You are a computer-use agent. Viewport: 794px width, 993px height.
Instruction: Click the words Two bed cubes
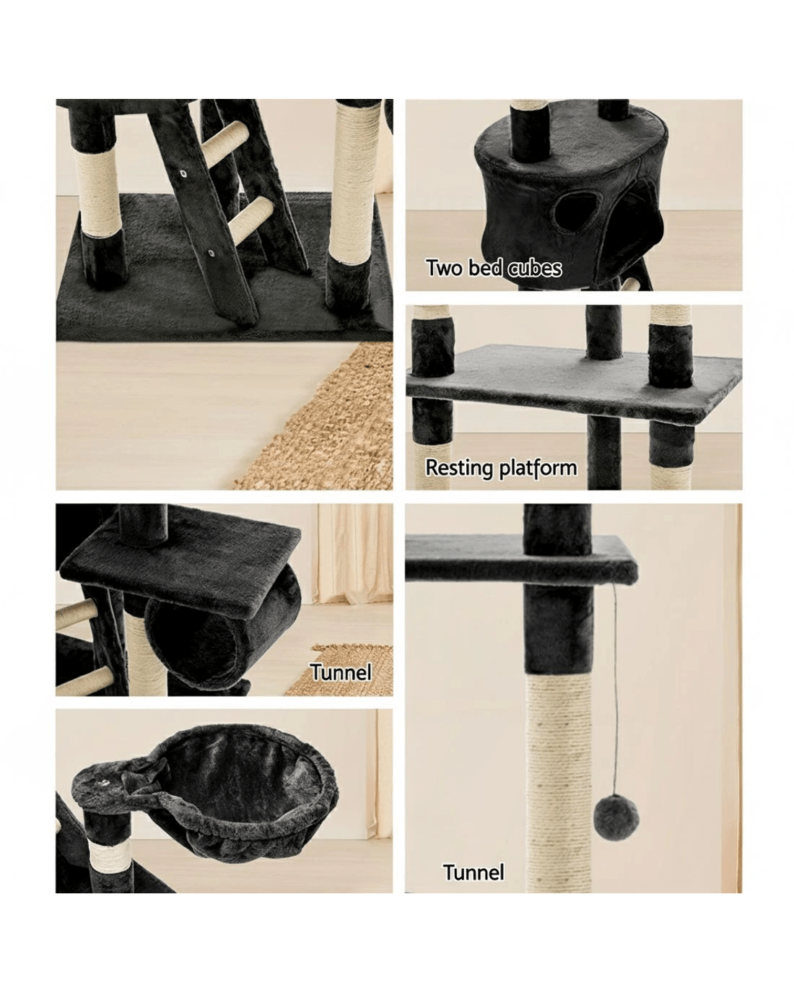[x=493, y=268]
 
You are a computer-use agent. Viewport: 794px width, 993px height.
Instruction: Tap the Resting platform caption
[x=500, y=468]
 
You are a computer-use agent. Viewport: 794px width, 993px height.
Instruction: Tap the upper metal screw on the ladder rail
[x=183, y=174]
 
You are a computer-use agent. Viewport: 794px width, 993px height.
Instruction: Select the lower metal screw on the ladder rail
[x=211, y=253]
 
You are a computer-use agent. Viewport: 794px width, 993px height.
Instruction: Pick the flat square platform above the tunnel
[x=180, y=560]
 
